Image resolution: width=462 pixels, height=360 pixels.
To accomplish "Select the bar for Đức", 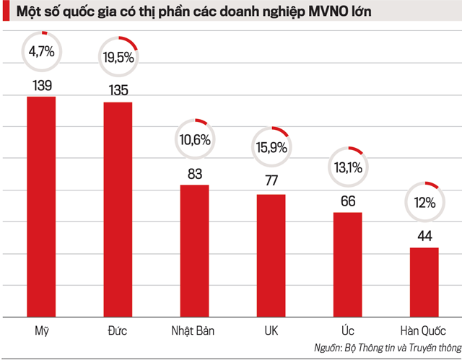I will click(118, 209).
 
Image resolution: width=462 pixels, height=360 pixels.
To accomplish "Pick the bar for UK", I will click(271, 255).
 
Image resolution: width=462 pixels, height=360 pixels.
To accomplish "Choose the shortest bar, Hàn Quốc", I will click(424, 282).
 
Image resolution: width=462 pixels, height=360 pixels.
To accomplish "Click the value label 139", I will click(41, 86).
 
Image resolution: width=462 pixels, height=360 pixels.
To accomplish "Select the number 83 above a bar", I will click(194, 174).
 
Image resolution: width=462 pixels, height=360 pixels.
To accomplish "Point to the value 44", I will click(424, 236).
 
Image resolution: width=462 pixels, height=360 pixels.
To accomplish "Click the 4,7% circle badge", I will click(41, 52).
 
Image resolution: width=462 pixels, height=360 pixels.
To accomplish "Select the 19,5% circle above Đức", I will click(118, 57).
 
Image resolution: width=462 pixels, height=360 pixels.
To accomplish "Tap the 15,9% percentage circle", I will click(271, 148).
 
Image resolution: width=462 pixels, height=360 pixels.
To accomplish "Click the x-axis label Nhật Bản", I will click(194, 332).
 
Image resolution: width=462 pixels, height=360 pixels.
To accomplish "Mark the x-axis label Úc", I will click(348, 332).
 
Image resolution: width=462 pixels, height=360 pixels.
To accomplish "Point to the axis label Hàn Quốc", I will click(424, 332).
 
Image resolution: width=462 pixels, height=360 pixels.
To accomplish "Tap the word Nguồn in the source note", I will click(329, 348).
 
